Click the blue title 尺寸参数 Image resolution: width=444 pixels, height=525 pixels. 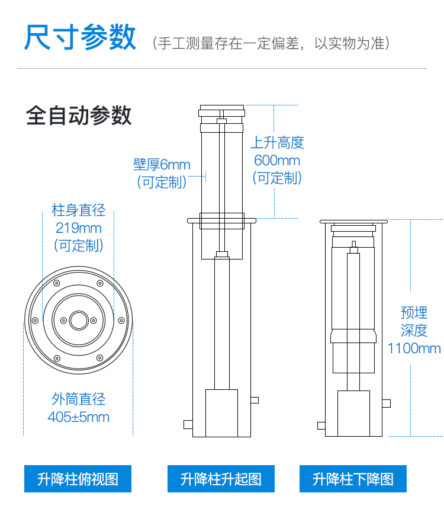80,37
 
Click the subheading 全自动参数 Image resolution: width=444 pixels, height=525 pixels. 79,116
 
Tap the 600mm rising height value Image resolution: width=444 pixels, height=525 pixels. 277,161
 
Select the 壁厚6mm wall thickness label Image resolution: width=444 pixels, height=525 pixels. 162,164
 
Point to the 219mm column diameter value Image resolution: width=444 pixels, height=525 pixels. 79,228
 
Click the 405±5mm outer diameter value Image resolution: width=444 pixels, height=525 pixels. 79,417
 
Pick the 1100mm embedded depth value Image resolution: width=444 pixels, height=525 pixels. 414,348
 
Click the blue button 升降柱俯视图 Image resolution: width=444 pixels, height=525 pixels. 78,479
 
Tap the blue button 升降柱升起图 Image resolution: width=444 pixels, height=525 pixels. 221,479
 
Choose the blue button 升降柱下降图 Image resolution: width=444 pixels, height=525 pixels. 353,479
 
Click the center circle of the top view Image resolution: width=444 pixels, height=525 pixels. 79,321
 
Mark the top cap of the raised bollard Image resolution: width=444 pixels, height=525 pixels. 222,110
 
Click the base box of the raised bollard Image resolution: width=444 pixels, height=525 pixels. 221,413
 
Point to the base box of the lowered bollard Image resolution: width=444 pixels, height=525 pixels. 353,414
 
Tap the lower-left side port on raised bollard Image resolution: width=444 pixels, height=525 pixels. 188,424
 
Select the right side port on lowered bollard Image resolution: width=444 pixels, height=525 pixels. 386,404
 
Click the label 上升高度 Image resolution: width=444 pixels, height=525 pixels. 278,143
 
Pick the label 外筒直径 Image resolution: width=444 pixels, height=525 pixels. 79,399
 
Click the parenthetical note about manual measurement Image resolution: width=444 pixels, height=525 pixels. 271,43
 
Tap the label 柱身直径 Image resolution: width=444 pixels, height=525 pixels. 79,210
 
